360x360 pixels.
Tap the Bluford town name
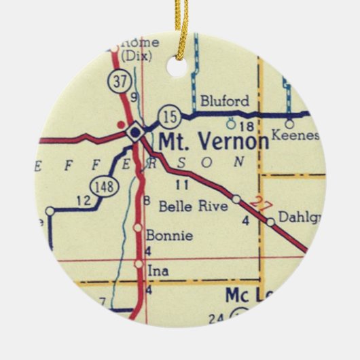point(224,102)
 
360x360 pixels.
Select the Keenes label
point(294,136)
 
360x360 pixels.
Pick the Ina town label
point(158,271)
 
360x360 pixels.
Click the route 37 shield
point(120,82)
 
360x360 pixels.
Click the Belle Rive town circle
point(236,199)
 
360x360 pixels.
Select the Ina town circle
point(139,264)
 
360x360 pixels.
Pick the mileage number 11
point(181,184)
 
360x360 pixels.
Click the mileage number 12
point(83,201)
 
